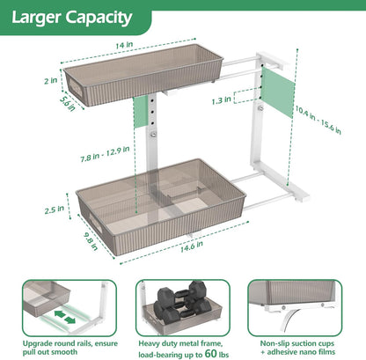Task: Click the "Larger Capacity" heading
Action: point(72,18)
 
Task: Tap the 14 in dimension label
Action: point(124,45)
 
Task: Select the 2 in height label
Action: point(50,81)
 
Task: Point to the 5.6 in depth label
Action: point(68,103)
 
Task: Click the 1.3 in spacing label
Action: point(222,100)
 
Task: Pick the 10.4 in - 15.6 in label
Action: point(318,120)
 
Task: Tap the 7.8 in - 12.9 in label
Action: point(105,154)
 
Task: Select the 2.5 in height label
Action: point(55,209)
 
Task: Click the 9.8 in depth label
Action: point(91,241)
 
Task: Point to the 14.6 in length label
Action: point(192,247)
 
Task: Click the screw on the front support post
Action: point(153,135)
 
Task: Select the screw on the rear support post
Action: point(260,108)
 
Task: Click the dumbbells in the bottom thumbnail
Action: point(183,302)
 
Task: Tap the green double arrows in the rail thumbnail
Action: point(65,318)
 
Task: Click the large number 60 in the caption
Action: point(211,354)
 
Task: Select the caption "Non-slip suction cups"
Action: point(297,343)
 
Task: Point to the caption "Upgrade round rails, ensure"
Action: point(70,343)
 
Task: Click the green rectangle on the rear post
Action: point(278,92)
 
